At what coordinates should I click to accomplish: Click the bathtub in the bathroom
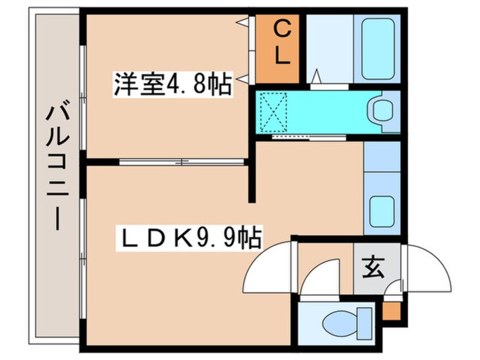point(377,48)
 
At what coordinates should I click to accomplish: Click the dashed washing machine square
point(273,111)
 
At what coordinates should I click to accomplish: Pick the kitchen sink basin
point(382,211)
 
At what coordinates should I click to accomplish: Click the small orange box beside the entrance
point(390,310)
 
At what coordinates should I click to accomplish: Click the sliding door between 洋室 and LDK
point(182,162)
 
